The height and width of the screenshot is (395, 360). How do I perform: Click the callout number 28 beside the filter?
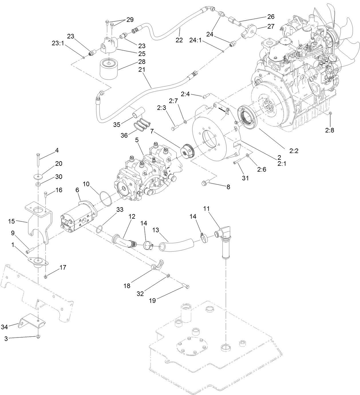coord(142,61)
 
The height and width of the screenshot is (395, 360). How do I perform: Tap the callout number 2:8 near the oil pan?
coord(329,130)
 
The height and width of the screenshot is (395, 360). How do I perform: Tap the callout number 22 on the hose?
coord(179,40)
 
